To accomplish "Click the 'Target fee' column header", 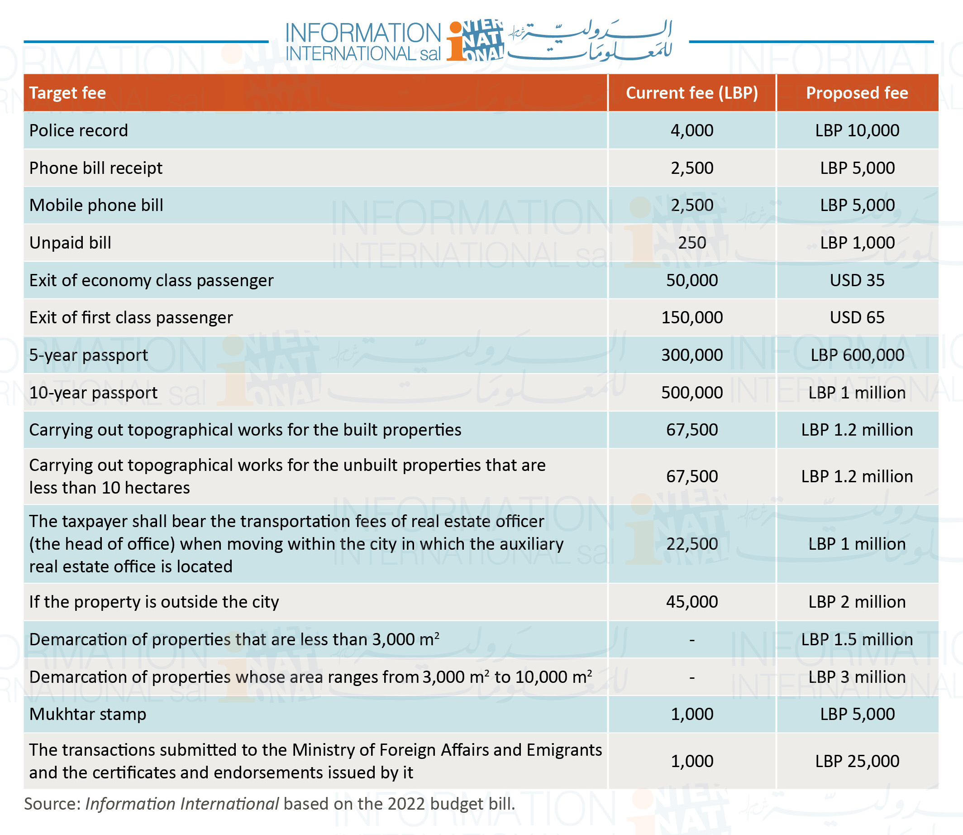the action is point(67,93).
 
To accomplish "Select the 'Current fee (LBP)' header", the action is point(691,93).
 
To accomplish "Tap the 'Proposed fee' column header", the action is point(857,93).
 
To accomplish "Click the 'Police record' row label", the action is point(78,130).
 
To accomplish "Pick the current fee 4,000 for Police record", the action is point(691,130).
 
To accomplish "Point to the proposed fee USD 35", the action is point(857,280).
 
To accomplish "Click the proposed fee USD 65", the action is point(857,317).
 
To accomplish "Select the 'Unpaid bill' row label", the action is point(70,243).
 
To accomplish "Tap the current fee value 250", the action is point(691,243).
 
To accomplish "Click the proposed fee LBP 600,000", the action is point(857,355).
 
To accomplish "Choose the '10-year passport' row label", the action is point(93,393).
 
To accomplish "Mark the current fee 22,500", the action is point(691,544).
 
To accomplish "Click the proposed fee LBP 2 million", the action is point(857,601).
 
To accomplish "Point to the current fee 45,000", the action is point(691,601).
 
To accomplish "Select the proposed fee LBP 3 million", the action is point(857,677).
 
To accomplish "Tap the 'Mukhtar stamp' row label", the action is point(87,714).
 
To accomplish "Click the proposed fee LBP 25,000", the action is point(857,761).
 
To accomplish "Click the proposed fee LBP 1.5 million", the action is point(857,639).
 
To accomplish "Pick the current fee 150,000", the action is point(691,317).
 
